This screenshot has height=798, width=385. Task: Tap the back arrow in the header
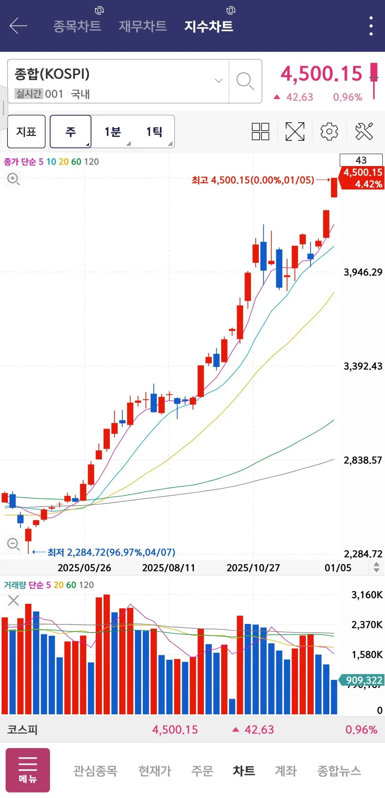click(18, 26)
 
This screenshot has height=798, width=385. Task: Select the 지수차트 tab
click(208, 26)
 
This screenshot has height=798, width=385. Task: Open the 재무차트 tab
click(143, 26)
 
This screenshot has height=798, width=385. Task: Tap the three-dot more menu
click(371, 26)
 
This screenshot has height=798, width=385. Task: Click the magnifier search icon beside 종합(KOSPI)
click(245, 81)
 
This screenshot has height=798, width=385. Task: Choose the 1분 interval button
click(112, 132)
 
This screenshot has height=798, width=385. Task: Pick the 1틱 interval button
click(154, 132)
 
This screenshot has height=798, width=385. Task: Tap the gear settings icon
click(329, 132)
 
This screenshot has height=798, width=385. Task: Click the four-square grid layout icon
click(260, 132)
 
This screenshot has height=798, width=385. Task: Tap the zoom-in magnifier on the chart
click(13, 179)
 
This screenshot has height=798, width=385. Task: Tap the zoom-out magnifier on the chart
click(13, 544)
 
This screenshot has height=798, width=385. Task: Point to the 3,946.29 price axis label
click(363, 272)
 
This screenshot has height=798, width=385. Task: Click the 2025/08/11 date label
click(168, 568)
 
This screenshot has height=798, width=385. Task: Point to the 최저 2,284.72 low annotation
click(111, 552)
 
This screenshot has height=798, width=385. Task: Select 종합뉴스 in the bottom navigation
click(339, 771)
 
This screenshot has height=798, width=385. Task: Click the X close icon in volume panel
click(13, 600)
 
